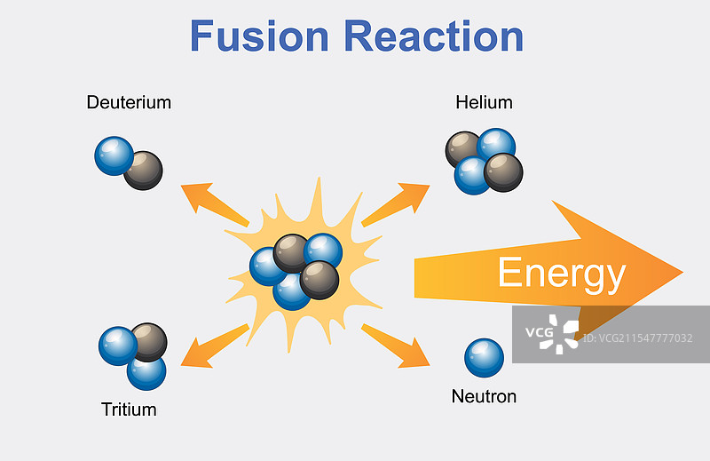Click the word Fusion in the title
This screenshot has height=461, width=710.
point(259,36)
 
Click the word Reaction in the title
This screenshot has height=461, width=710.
point(434,36)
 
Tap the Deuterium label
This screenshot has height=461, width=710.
point(129,102)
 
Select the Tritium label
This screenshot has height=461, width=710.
point(129,409)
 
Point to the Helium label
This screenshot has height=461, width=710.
point(484,102)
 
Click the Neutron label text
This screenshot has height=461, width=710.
point(484,396)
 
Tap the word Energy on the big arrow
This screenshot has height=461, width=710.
point(561,273)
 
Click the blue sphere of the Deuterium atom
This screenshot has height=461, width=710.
point(113,155)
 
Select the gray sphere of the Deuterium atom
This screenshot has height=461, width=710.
point(144,170)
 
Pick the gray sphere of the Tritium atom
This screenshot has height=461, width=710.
point(149,341)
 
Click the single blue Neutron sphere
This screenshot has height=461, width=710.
point(484,357)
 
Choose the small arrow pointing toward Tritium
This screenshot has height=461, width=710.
point(213,346)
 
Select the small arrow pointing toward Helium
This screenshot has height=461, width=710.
point(397,203)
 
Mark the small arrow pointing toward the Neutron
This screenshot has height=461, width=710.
point(397,346)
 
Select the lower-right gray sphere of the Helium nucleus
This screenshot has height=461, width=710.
point(503,171)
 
